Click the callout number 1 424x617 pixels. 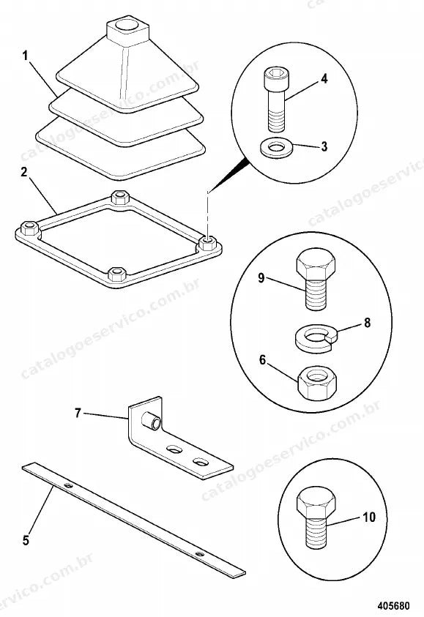pos(25,56)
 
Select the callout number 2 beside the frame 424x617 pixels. pos(24,172)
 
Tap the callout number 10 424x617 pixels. pos(368,517)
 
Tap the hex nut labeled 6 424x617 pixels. pos(317,384)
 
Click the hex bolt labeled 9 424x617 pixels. pos(316,280)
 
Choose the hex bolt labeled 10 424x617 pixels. pos(316,519)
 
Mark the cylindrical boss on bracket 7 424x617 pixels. pos(152,421)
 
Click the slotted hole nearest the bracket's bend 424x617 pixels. pos(174,448)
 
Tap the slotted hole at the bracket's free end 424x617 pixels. pos(201,462)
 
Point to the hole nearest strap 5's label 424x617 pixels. pos(69,486)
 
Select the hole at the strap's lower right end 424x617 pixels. pos(200,555)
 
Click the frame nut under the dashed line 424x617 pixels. pos(207,242)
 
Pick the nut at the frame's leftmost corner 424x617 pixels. pos(29,228)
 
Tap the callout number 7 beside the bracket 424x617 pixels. pos(78,413)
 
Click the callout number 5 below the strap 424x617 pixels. pos(26,540)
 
